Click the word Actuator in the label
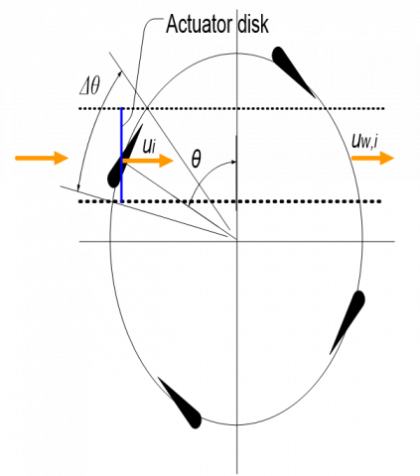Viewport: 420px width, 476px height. tap(200, 24)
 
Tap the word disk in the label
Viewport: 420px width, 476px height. tap(253, 24)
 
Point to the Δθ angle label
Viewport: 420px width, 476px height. tap(89, 87)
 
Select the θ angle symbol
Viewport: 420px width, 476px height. tap(196, 160)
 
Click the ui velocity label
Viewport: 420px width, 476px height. tap(149, 146)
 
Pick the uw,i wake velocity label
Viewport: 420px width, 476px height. tap(365, 142)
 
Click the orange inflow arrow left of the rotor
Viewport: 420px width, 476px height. tap(42, 158)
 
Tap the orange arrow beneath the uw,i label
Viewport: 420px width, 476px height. tap(372, 158)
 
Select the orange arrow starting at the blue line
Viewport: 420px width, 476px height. tap(148, 161)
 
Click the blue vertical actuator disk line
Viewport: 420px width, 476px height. tap(121, 155)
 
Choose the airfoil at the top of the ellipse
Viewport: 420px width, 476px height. tap(293, 71)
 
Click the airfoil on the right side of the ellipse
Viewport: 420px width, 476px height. tap(348, 322)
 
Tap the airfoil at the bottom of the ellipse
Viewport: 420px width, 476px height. tap(180, 403)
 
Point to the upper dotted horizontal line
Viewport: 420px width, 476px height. tap(231, 108)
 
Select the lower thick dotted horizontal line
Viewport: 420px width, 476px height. tap(230, 201)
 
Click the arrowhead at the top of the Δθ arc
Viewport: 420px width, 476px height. tap(119, 74)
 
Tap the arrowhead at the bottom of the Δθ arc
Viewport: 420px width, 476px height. tap(78, 186)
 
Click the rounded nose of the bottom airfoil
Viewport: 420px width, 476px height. tap(196, 421)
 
